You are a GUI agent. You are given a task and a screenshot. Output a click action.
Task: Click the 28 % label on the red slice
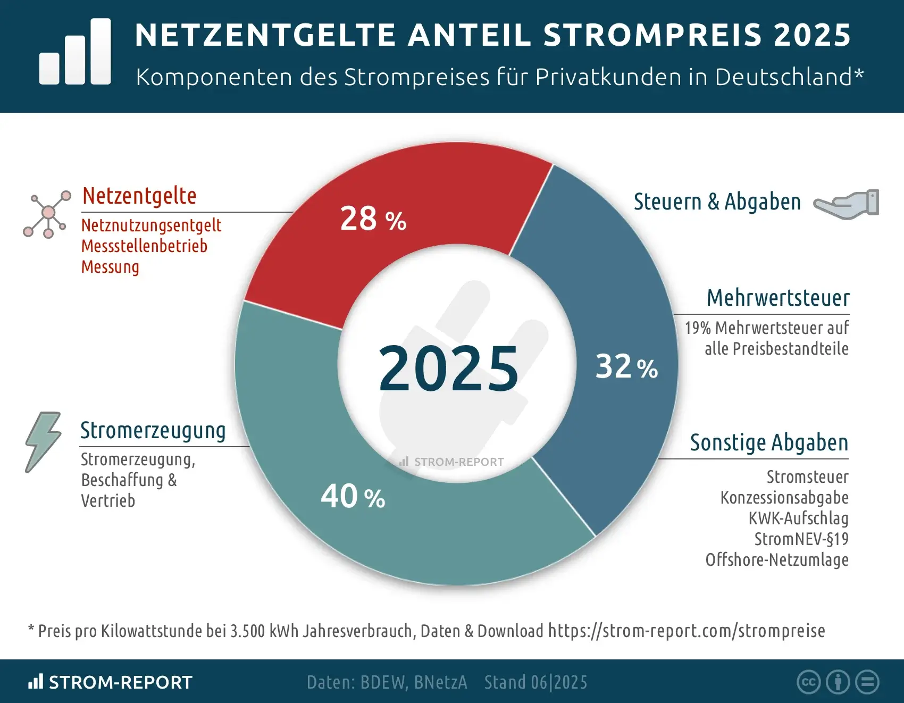pos(373,219)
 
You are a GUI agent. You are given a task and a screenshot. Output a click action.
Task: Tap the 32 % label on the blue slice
pos(626,366)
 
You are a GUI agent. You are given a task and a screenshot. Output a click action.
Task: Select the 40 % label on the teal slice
pos(353,497)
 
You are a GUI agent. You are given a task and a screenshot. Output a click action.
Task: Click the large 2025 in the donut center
pos(448,369)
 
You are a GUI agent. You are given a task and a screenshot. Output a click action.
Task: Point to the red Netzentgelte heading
pos(139,196)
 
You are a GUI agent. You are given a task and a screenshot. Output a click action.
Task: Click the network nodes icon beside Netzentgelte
pos(47,214)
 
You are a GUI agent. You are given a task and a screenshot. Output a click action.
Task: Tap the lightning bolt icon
pos(43,441)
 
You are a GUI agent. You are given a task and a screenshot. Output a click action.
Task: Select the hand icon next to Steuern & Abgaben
pos(847,204)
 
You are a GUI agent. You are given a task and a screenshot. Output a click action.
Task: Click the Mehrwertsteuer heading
pos(777,298)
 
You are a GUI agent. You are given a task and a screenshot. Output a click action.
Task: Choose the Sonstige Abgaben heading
pos(769,442)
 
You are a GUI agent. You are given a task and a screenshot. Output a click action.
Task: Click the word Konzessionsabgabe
pos(784,498)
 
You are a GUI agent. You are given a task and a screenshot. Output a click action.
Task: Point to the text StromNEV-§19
pos(801,539)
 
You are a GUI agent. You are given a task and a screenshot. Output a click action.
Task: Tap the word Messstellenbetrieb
pos(144,246)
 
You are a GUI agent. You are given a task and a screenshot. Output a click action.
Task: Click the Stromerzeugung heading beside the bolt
pos(153,431)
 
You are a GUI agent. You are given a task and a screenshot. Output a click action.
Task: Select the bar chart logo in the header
pos(75,52)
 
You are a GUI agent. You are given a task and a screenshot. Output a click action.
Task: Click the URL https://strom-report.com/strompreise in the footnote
pos(686,631)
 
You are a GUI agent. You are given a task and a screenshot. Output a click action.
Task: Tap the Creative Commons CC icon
pos(808,682)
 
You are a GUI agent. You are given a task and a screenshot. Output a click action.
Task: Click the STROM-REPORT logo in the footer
pos(111,682)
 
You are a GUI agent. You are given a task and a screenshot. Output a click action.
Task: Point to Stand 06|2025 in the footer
pos(535,682)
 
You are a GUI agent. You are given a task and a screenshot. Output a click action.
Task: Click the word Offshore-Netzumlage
pos(776,560)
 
